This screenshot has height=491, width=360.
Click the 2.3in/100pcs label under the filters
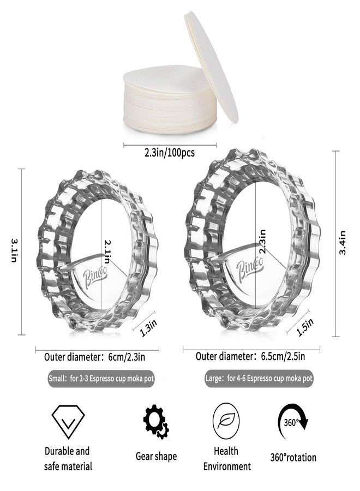point(169,153)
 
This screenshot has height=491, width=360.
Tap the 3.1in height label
point(14,250)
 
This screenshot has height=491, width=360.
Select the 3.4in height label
point(343,243)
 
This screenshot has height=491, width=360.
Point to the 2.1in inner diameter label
point(107,252)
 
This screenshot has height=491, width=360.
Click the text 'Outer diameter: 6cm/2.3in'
point(94,357)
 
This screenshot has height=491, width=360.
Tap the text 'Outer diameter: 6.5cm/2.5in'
point(250,356)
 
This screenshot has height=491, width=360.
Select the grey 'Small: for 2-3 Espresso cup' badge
point(101,379)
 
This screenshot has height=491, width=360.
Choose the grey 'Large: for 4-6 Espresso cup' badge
point(259,379)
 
